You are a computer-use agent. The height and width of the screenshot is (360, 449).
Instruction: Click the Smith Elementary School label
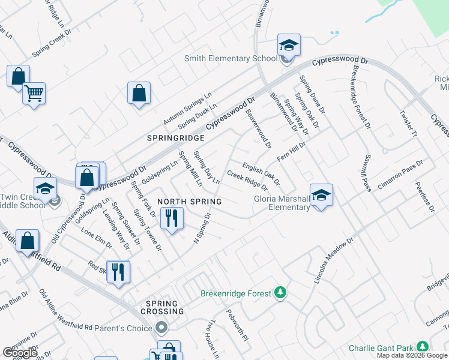click(x=231, y=58)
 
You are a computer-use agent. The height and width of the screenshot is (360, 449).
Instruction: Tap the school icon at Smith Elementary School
click(x=289, y=46)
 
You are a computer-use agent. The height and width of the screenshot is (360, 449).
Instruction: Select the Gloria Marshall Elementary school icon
click(x=322, y=195)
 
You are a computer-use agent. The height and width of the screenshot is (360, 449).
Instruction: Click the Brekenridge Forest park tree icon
click(x=279, y=293)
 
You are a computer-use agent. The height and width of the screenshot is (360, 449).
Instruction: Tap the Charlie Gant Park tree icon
click(x=423, y=347)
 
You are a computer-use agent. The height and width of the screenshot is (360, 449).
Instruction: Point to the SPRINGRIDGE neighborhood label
click(x=176, y=138)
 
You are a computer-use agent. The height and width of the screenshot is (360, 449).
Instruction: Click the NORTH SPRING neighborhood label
click(x=190, y=202)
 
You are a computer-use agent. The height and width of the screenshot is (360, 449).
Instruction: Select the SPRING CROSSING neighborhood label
click(x=162, y=307)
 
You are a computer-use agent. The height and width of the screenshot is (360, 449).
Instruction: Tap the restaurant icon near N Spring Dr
click(x=172, y=218)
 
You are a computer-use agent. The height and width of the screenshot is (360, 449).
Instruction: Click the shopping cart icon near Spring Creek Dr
click(x=34, y=93)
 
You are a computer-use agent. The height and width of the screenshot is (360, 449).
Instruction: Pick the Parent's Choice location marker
click(x=160, y=328)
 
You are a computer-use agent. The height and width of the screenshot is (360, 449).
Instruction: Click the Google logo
click(x=19, y=353)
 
